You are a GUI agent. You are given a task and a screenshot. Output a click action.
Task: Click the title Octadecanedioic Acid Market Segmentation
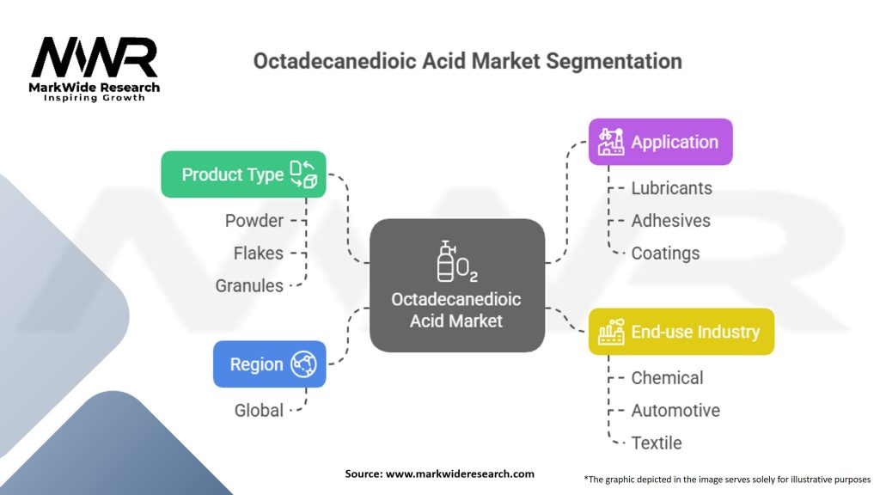pos(467,62)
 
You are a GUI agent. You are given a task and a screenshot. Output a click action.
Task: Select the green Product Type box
pos(243,174)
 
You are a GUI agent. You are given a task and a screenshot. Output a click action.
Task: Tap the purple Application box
pos(660,142)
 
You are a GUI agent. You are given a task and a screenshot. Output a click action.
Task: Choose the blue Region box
pos(269,364)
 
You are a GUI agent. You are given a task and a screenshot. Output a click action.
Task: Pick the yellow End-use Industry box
pos(681,332)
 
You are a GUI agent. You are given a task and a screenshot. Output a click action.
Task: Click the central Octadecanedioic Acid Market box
pos(456,285)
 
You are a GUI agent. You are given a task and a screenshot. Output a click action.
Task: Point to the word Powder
pos(254,221)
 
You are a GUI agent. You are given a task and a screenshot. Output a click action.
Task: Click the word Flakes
pos(258,254)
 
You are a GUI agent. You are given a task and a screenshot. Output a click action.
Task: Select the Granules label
pos(249,286)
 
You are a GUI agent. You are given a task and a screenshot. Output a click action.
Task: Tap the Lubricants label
pos(671,187)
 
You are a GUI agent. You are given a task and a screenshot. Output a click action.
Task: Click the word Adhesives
pos(670,221)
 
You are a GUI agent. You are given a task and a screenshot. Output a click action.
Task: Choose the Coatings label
pos(665,254)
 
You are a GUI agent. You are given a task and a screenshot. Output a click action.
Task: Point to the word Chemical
pos(667,378)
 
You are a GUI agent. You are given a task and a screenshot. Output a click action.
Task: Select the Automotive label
pos(675,411)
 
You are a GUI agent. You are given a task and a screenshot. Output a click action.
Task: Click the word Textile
pos(657,443)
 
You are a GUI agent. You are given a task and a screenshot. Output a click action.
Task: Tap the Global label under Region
pos(259,411)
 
